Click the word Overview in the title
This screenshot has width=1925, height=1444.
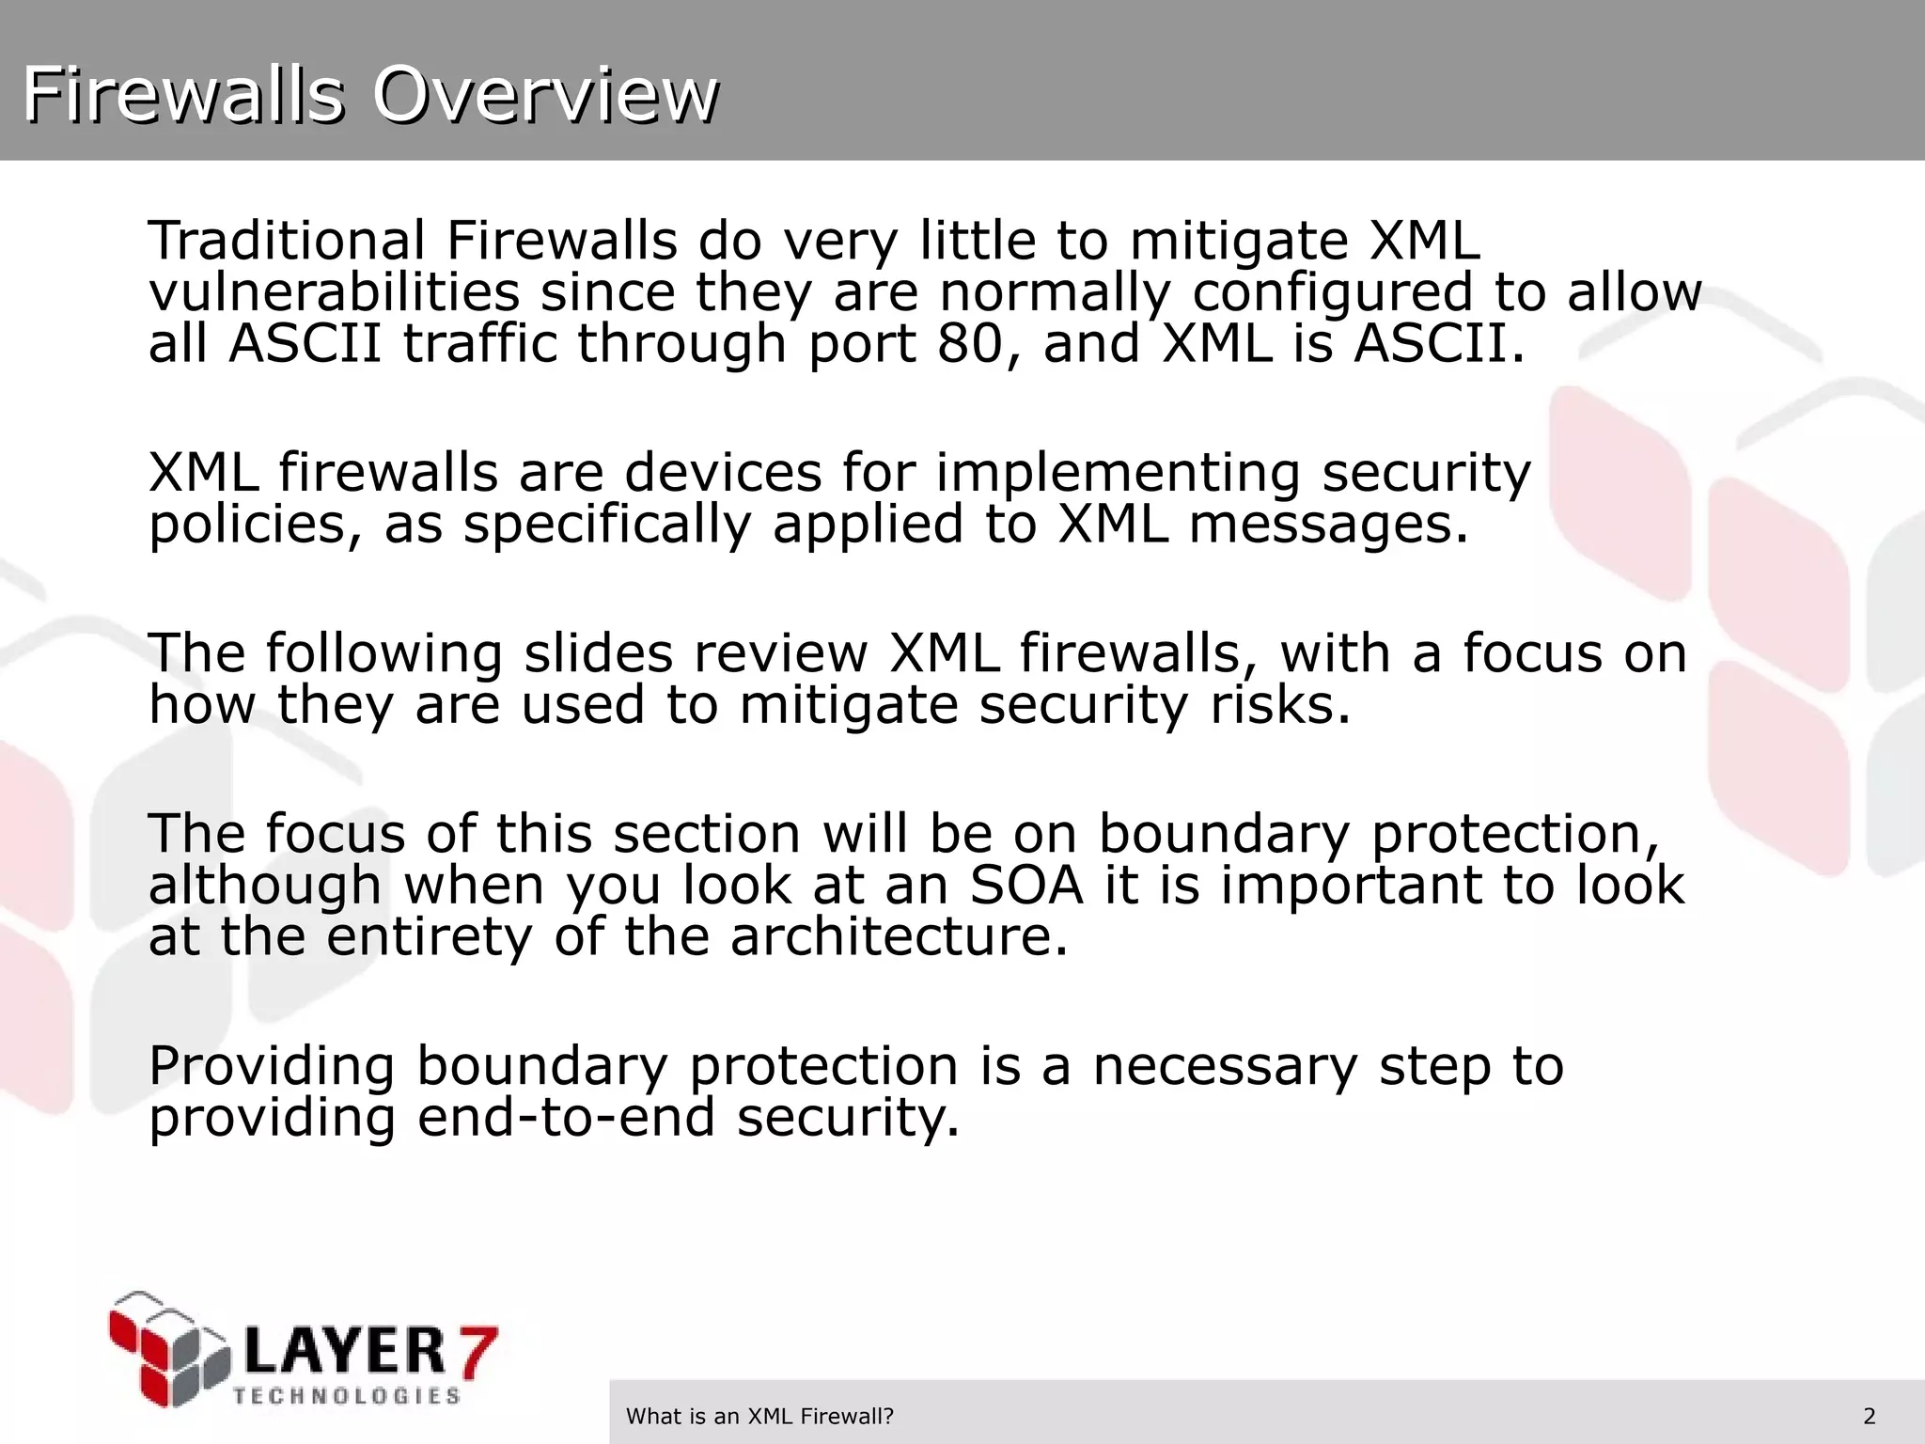[x=545, y=95]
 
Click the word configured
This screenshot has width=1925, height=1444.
[x=1332, y=293]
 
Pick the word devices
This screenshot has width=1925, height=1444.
[x=723, y=472]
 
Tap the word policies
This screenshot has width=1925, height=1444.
[x=254, y=525]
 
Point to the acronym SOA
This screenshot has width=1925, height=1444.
[x=1026, y=885]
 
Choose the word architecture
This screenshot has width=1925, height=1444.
[x=899, y=936]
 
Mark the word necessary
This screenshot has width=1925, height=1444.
[x=1225, y=1066]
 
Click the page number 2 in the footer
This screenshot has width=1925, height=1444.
[x=1870, y=1416]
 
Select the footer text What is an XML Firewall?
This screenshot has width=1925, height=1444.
[x=759, y=1416]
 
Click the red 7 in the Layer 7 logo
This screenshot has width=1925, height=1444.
[x=474, y=1351]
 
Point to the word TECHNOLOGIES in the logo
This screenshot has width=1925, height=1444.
[x=346, y=1395]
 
